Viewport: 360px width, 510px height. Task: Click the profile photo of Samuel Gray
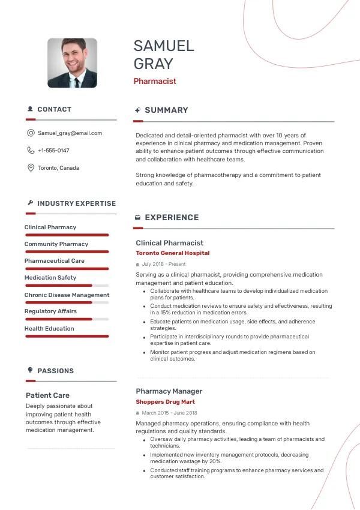72,63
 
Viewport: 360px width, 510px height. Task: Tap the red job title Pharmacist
155,81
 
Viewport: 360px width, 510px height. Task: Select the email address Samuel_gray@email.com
70,133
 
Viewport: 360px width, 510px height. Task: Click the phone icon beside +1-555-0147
31,151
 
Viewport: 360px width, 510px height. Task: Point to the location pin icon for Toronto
31,168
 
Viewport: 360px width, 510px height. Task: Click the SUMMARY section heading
166,110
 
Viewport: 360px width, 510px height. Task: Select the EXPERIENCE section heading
172,218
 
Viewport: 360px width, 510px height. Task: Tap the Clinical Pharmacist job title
169,243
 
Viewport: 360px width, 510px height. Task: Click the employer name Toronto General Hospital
172,253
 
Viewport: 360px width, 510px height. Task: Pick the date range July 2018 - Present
164,264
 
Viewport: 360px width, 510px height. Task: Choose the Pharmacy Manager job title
169,391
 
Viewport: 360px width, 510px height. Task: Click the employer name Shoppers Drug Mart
165,402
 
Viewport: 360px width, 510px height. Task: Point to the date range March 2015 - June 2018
169,413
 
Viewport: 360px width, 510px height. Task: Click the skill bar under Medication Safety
67,286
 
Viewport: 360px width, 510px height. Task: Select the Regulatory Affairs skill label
50,311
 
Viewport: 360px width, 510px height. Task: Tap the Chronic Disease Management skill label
67,295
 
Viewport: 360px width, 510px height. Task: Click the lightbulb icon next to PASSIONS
30,371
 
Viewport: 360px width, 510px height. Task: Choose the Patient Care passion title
47,395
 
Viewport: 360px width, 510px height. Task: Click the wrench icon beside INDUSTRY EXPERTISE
30,203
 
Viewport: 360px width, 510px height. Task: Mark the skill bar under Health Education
67,337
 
